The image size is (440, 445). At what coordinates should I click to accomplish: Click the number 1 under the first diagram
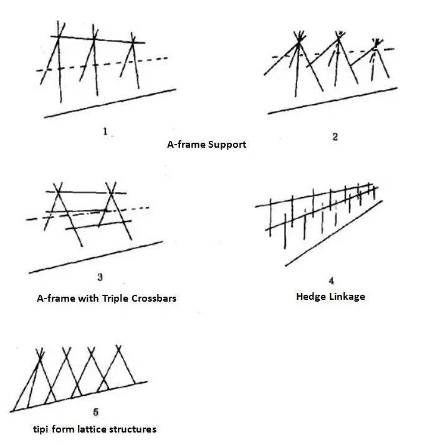coord(105,132)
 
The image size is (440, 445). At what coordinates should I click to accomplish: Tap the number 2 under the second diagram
coord(335,137)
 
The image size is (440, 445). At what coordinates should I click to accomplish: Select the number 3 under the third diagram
coord(100,277)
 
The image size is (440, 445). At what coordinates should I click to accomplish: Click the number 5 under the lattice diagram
coord(95,412)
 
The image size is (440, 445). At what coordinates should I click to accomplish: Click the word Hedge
coord(310,297)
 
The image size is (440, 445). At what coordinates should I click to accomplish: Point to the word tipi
coord(44,429)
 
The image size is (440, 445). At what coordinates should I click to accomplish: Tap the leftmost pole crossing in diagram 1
coord(59,37)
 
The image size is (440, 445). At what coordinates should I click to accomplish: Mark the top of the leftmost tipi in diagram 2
coord(299,41)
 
